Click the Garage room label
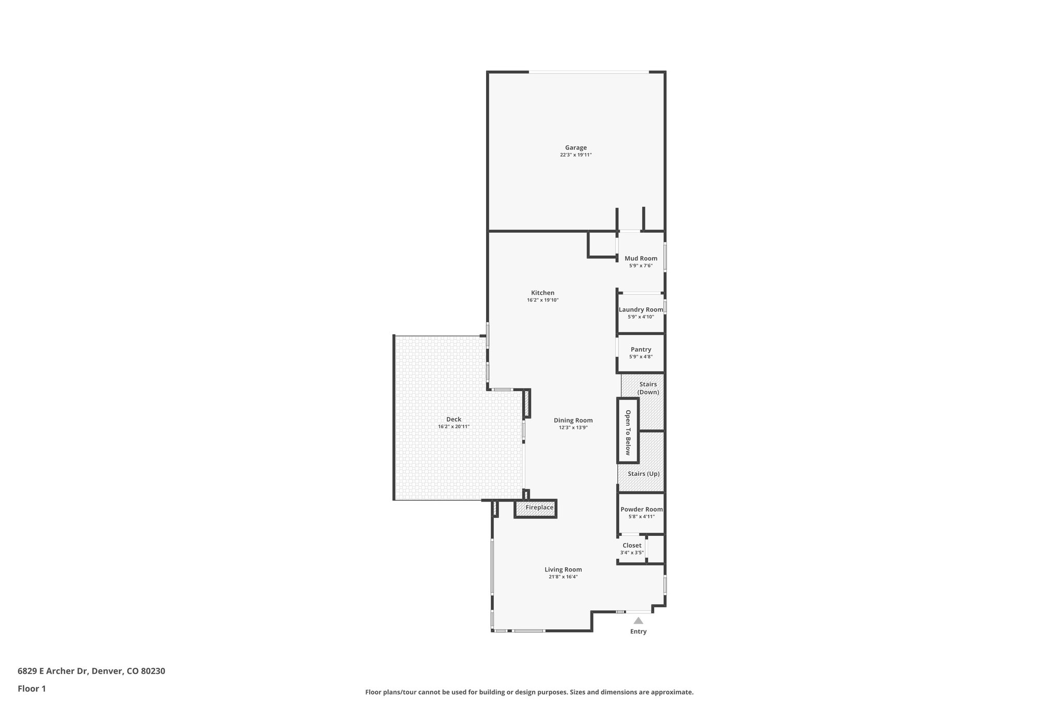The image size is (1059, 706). (576, 148)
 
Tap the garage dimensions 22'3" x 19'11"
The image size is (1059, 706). (576, 155)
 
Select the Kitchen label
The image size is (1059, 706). (542, 293)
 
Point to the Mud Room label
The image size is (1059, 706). (641, 259)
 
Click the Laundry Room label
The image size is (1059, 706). (641, 310)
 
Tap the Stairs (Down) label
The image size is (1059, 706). (648, 388)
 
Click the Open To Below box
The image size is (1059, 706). (628, 430)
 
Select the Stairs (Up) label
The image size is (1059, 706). (643, 474)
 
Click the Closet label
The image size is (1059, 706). (632, 546)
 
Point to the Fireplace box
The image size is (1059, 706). (539, 508)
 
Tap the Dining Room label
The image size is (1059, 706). (573, 420)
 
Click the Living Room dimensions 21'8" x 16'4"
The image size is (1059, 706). (563, 577)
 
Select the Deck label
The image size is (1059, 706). (453, 419)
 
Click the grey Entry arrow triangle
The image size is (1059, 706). (638, 621)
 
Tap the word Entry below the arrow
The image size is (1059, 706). (638, 632)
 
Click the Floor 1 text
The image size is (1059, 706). (32, 688)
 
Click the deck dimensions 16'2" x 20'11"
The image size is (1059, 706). (453, 427)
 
